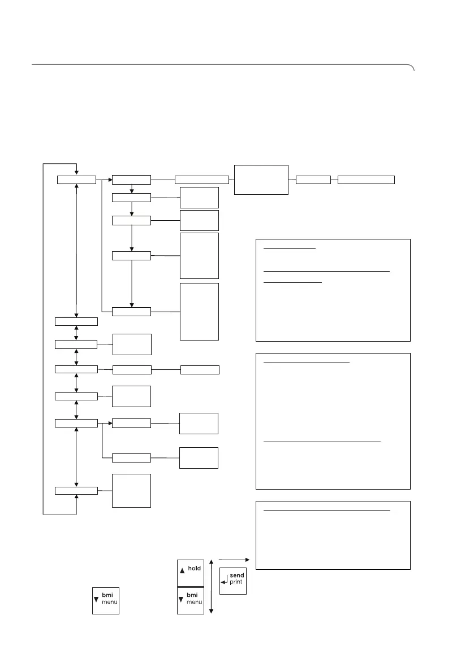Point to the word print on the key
(x=237, y=582)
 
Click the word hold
(x=195, y=569)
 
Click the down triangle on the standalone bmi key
(x=97, y=602)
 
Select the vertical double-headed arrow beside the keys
(x=211, y=586)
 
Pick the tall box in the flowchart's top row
(x=261, y=180)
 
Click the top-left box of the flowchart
(x=76, y=180)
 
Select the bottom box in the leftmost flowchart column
(x=76, y=490)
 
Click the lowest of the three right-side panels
(x=333, y=535)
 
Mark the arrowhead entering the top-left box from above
(x=76, y=173)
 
